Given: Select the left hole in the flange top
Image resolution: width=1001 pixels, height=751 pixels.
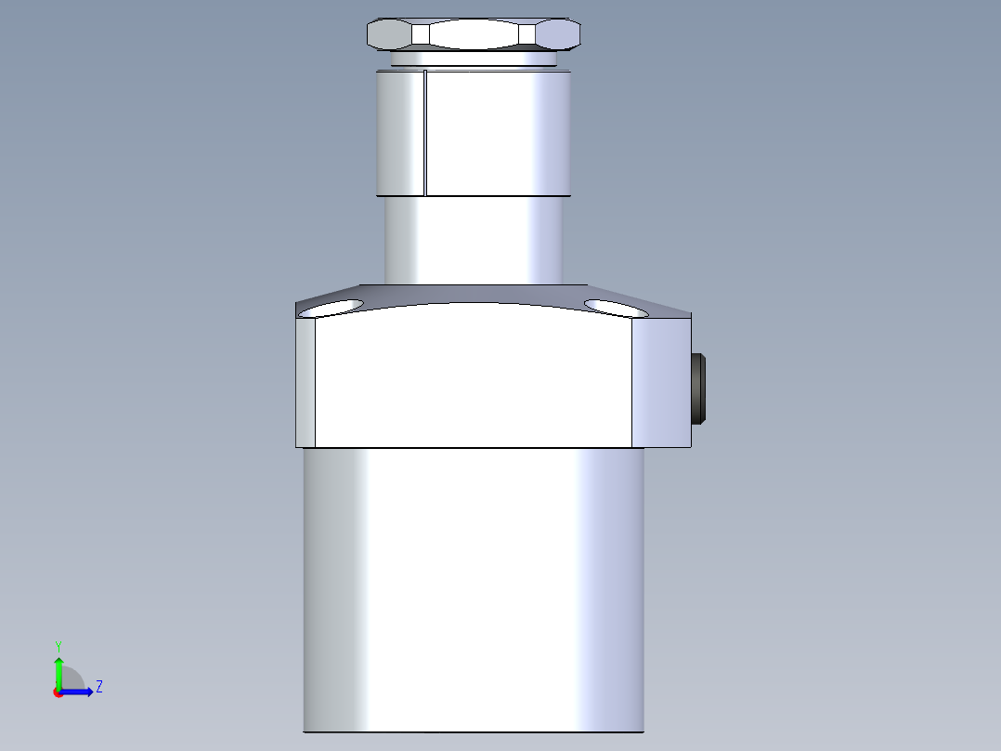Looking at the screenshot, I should [x=340, y=306].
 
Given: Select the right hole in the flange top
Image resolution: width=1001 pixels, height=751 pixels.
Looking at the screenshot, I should [x=609, y=307].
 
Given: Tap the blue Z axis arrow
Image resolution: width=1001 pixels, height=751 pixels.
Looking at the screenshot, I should [x=80, y=691].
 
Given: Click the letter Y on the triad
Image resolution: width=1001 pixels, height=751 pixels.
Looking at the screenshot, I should [x=58, y=645].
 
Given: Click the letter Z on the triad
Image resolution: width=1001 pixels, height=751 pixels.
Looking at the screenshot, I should [x=98, y=687].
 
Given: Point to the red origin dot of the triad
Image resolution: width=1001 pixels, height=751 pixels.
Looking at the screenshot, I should [x=58, y=692].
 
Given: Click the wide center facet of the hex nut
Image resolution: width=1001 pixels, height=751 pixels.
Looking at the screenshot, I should [x=474, y=34].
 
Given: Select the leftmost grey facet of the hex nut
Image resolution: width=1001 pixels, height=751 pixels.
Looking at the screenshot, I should [x=389, y=34].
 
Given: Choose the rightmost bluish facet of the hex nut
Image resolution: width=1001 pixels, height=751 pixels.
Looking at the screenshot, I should [x=559, y=34].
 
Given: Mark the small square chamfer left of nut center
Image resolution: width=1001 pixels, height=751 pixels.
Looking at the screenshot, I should [x=421, y=34].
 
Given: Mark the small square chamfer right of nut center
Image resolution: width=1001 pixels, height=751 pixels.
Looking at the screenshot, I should [x=528, y=34].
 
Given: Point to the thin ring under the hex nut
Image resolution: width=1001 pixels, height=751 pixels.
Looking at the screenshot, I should [x=474, y=59].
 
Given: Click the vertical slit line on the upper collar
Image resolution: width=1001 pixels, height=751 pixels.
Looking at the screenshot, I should [x=424, y=135].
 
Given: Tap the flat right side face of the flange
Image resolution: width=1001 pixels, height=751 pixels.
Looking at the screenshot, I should [x=661, y=382].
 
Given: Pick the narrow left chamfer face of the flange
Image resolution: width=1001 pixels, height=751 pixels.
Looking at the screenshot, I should [x=305, y=382].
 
